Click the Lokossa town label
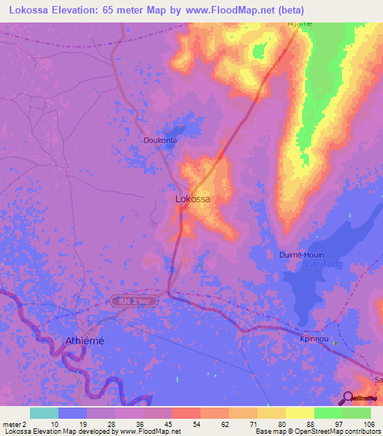pyautogui.click(x=192, y=199)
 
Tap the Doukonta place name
pyautogui.click(x=160, y=140)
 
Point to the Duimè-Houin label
pyautogui.click(x=300, y=255)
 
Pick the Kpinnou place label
pyautogui.click(x=316, y=339)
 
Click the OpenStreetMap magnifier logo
pyautogui.click(x=348, y=397)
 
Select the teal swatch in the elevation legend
pyautogui.click(x=43, y=413)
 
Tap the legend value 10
pyautogui.click(x=55, y=424)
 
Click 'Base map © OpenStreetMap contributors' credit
pyautogui.click(x=316, y=432)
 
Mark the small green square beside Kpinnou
pyautogui.click(x=335, y=344)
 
